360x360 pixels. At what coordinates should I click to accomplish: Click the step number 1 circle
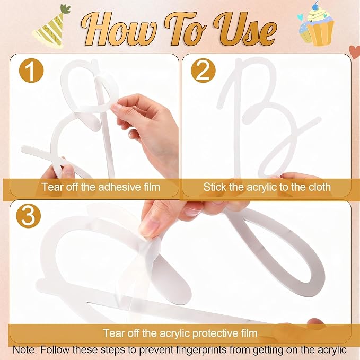tap(31, 71)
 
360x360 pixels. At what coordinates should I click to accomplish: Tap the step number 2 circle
tap(203, 71)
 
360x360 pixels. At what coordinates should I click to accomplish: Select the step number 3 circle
tap(28, 216)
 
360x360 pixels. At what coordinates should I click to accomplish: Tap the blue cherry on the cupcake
tap(317, 4)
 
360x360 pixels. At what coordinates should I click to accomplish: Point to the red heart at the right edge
tap(355, 52)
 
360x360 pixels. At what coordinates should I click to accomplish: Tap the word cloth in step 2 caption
tap(319, 187)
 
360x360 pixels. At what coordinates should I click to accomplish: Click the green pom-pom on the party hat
tap(66, 9)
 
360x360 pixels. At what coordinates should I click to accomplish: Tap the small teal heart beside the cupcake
tap(300, 17)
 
